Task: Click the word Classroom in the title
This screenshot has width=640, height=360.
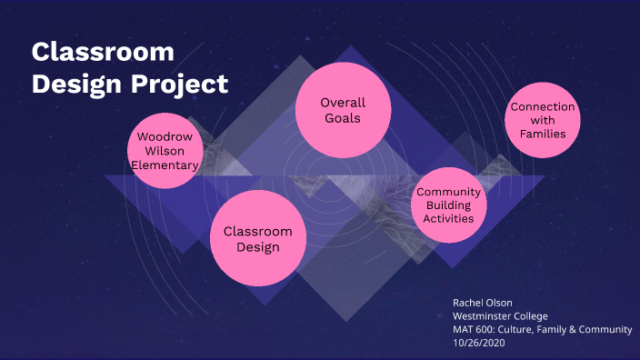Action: tap(103, 52)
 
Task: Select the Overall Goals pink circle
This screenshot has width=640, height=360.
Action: tap(343, 110)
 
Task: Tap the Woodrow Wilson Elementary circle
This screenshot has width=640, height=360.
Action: tap(165, 151)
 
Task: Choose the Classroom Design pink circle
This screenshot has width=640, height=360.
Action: tap(258, 238)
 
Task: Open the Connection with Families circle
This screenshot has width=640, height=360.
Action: tap(543, 120)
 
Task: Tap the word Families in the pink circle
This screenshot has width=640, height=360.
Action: tap(543, 134)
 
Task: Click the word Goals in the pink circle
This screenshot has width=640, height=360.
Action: tap(343, 118)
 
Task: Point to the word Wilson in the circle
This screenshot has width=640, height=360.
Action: tap(165, 151)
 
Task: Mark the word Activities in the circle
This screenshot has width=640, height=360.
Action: tap(449, 218)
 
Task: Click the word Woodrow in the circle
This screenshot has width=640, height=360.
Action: tap(165, 137)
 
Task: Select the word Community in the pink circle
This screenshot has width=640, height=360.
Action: tap(449, 192)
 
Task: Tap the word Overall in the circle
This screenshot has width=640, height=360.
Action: tap(343, 103)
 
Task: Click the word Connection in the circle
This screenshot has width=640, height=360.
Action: tap(543, 107)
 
